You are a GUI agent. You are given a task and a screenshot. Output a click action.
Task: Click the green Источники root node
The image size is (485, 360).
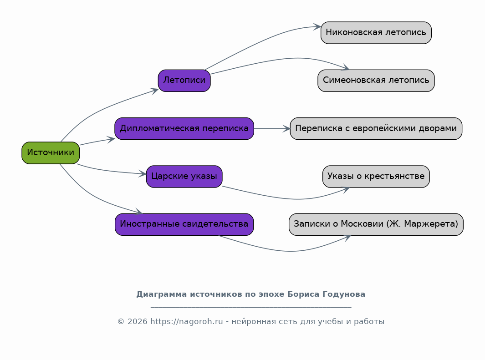coord(51,152)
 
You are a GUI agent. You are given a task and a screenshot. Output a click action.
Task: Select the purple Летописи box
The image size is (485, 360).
coord(184,81)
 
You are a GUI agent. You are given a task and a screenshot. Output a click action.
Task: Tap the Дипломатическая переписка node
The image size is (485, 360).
coord(184,128)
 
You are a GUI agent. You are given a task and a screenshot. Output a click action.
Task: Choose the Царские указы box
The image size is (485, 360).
coord(184,176)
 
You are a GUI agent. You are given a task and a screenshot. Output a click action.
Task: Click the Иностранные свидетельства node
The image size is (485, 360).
coord(184,224)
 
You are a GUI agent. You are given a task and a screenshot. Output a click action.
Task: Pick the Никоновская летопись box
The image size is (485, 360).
coord(376,32)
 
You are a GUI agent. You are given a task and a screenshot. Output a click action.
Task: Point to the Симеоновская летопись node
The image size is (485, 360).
coord(376,81)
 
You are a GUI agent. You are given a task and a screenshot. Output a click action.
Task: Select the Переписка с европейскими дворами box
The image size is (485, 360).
coord(376,128)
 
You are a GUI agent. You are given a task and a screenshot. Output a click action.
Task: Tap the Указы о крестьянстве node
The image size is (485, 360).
coord(376,176)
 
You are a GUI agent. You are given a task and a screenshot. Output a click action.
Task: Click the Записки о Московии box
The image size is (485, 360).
coord(376,224)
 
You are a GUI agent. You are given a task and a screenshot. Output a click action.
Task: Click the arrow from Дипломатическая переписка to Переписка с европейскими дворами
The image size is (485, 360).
coord(272,128)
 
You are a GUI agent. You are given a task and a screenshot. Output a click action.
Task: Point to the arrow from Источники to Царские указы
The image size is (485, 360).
coord(112,171)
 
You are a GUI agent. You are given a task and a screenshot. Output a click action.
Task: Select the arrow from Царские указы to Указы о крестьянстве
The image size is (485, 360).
coord(291,198)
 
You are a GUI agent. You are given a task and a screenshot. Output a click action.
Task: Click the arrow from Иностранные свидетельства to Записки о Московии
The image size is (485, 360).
coord(288,251)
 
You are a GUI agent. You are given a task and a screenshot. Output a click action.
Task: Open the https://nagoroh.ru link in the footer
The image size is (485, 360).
coord(187,321)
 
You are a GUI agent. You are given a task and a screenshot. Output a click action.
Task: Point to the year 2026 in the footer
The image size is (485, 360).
coord(138,321)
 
